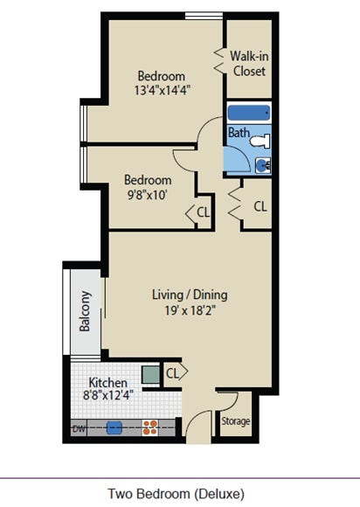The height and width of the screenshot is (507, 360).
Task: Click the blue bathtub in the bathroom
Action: (x=248, y=113)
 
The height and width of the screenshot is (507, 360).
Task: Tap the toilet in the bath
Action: (x=260, y=141)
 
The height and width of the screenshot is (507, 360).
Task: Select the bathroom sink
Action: (x=263, y=166)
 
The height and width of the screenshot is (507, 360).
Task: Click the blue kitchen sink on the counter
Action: (x=114, y=428)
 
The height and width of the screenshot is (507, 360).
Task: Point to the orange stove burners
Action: (x=150, y=427)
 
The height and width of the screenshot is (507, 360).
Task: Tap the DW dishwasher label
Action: (x=79, y=429)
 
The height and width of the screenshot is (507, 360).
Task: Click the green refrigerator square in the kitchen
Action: (x=150, y=375)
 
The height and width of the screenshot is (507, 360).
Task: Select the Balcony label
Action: (x=85, y=311)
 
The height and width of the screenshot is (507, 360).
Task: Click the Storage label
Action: (x=236, y=421)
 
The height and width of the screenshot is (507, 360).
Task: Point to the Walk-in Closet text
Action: (x=249, y=64)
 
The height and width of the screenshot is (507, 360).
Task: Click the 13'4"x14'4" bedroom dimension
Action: (x=162, y=90)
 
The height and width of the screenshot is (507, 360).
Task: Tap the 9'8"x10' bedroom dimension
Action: (x=148, y=195)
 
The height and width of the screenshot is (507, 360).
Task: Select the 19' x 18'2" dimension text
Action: (x=190, y=310)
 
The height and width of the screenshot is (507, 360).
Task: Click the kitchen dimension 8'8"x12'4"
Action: (x=108, y=395)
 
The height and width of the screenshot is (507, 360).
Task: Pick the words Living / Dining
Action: (x=190, y=295)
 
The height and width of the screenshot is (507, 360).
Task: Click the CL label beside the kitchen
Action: (x=172, y=373)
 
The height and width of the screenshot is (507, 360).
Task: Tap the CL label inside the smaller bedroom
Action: (x=204, y=212)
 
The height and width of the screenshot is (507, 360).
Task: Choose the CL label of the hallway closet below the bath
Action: (x=260, y=206)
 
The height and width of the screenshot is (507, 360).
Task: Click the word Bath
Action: (x=239, y=133)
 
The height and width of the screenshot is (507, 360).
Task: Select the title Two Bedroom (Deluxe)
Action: (x=177, y=494)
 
